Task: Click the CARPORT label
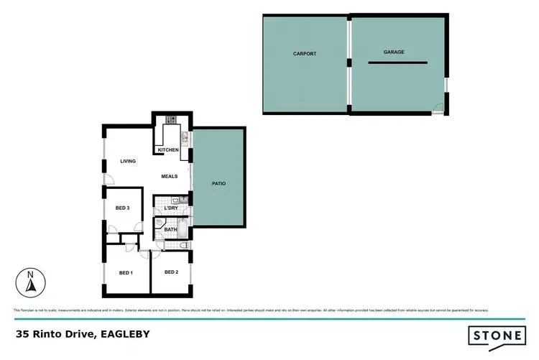coord(304,54)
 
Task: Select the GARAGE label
coord(393,52)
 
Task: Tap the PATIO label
coord(218,184)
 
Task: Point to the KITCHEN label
coord(167,149)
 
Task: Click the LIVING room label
coord(128,161)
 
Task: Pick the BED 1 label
coord(126,273)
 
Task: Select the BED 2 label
coord(171,272)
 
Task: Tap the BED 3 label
coord(122,208)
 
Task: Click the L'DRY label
coord(171,208)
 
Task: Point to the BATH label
coord(170,230)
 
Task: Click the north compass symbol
coord(29,281)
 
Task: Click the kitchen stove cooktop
coord(171,119)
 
